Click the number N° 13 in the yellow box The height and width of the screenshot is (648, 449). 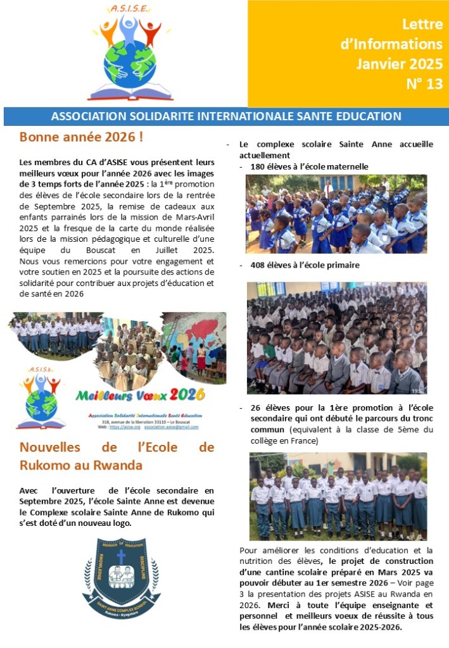[x=424, y=85]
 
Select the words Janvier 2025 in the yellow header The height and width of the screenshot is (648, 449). [x=399, y=64]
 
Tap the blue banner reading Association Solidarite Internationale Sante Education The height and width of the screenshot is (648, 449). [x=225, y=116]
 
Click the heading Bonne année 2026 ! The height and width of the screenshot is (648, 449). [x=81, y=137]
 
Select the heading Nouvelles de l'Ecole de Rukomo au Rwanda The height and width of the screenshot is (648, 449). [x=117, y=456]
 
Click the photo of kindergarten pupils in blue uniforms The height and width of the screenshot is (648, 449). [x=336, y=214]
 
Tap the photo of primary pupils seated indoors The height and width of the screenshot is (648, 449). [x=336, y=338]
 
